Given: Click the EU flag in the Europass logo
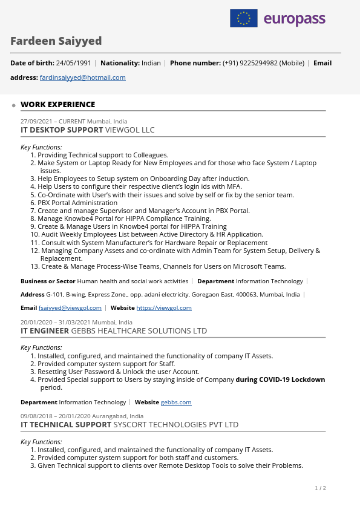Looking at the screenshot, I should [x=244, y=18].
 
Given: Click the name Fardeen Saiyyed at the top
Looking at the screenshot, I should [x=56, y=41].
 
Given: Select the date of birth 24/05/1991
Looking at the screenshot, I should [x=73, y=63].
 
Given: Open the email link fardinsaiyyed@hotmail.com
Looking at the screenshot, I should [x=83, y=77].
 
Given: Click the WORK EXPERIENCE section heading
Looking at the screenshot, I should [x=57, y=105].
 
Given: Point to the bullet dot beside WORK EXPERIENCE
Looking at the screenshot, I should [x=14, y=105].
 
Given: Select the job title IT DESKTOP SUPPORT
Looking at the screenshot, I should [x=62, y=130].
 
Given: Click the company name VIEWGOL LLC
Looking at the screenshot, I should [x=130, y=130].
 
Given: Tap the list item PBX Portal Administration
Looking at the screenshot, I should [x=77, y=203].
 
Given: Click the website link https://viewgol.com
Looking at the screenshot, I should [x=164, y=308].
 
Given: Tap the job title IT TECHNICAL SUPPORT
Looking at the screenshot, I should [x=66, y=425].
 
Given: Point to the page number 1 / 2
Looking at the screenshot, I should [x=320, y=488].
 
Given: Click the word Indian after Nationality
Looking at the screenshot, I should [x=151, y=63].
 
